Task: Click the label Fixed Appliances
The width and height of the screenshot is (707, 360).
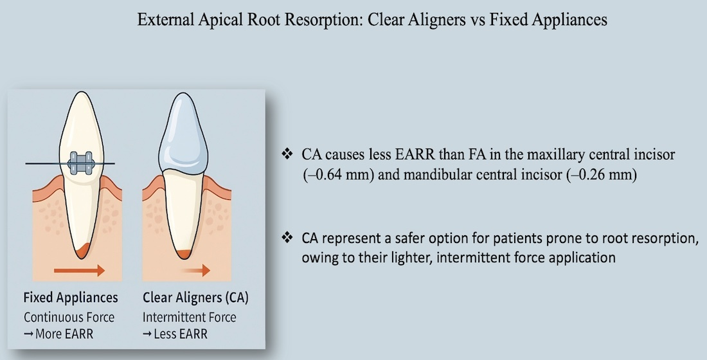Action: (71, 298)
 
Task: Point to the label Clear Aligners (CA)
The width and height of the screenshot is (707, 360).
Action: (195, 298)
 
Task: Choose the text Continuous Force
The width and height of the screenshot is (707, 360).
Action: (69, 317)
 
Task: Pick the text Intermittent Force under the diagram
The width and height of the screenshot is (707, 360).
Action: (190, 317)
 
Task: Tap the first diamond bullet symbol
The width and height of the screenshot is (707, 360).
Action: (287, 155)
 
